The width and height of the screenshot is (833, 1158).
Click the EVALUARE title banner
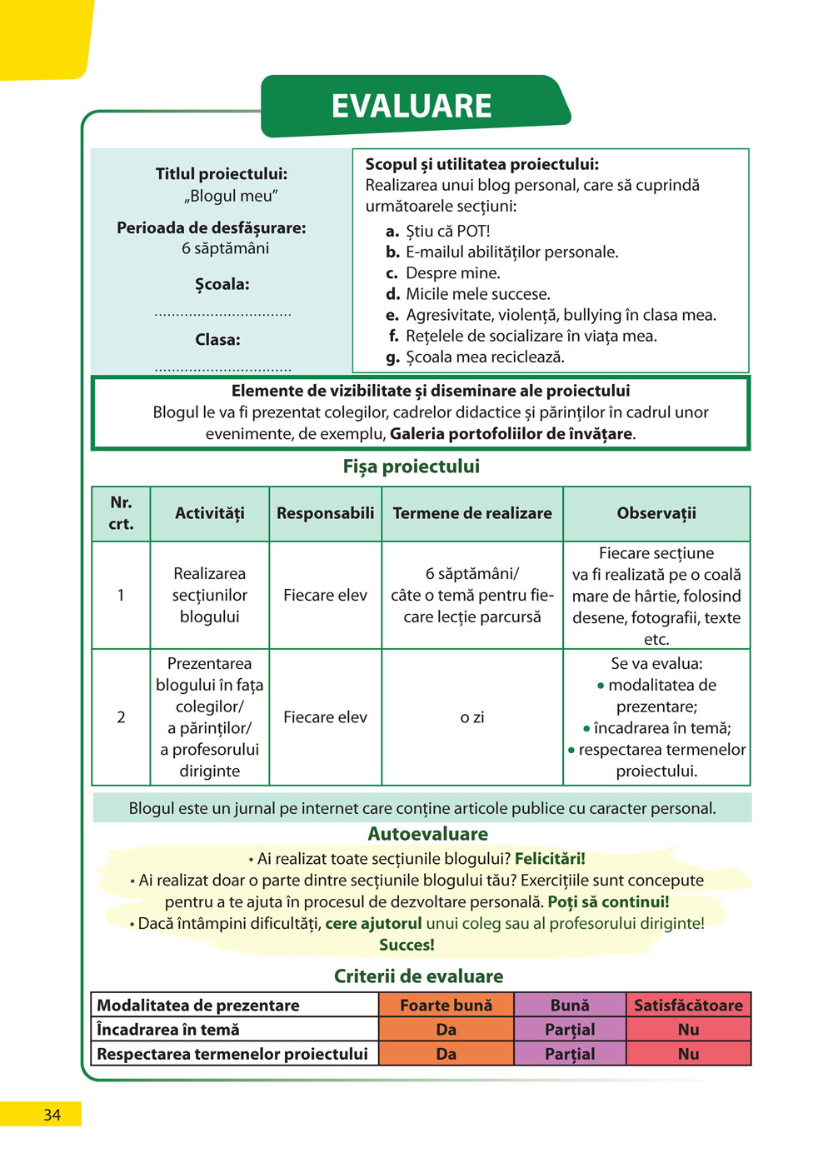[412, 107]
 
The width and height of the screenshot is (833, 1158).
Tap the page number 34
[52, 1115]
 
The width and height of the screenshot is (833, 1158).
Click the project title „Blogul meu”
[231, 196]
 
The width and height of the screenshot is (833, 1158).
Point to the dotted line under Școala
[222, 314]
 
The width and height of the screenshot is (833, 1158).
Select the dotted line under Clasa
[222, 368]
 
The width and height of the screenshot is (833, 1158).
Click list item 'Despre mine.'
[452, 273]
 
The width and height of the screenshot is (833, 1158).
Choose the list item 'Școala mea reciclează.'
[485, 357]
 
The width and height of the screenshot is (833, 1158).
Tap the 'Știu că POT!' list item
[447, 231]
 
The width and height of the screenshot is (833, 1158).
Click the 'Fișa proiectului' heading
[412, 467]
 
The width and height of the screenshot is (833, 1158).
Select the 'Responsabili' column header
[325, 513]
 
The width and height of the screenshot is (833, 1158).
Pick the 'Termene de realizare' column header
[472, 513]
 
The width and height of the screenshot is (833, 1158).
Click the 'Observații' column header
[656, 513]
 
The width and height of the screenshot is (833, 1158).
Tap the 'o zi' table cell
[472, 717]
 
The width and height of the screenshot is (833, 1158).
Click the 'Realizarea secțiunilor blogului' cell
[210, 595]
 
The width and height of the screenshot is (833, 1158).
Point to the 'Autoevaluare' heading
[427, 834]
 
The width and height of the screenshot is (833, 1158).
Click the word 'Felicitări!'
[550, 859]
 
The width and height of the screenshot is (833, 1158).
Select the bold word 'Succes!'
[407, 945]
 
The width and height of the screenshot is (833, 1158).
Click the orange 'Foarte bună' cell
[446, 1006]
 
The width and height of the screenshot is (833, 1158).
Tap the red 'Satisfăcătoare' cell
[688, 1006]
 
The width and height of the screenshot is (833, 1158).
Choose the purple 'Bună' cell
[570, 1006]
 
